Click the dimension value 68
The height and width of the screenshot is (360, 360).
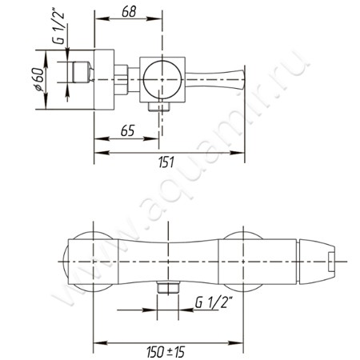tap(129, 12)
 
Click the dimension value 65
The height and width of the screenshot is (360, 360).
tap(128, 130)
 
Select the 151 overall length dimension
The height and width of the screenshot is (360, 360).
tap(166, 162)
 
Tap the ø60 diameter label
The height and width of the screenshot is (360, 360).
tap(39, 80)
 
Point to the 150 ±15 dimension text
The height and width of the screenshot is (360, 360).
tap(166, 352)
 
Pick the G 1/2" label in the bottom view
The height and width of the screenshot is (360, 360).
tap(214, 302)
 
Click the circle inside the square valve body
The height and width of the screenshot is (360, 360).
tap(162, 79)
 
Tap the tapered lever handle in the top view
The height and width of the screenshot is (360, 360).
tap(215, 79)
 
